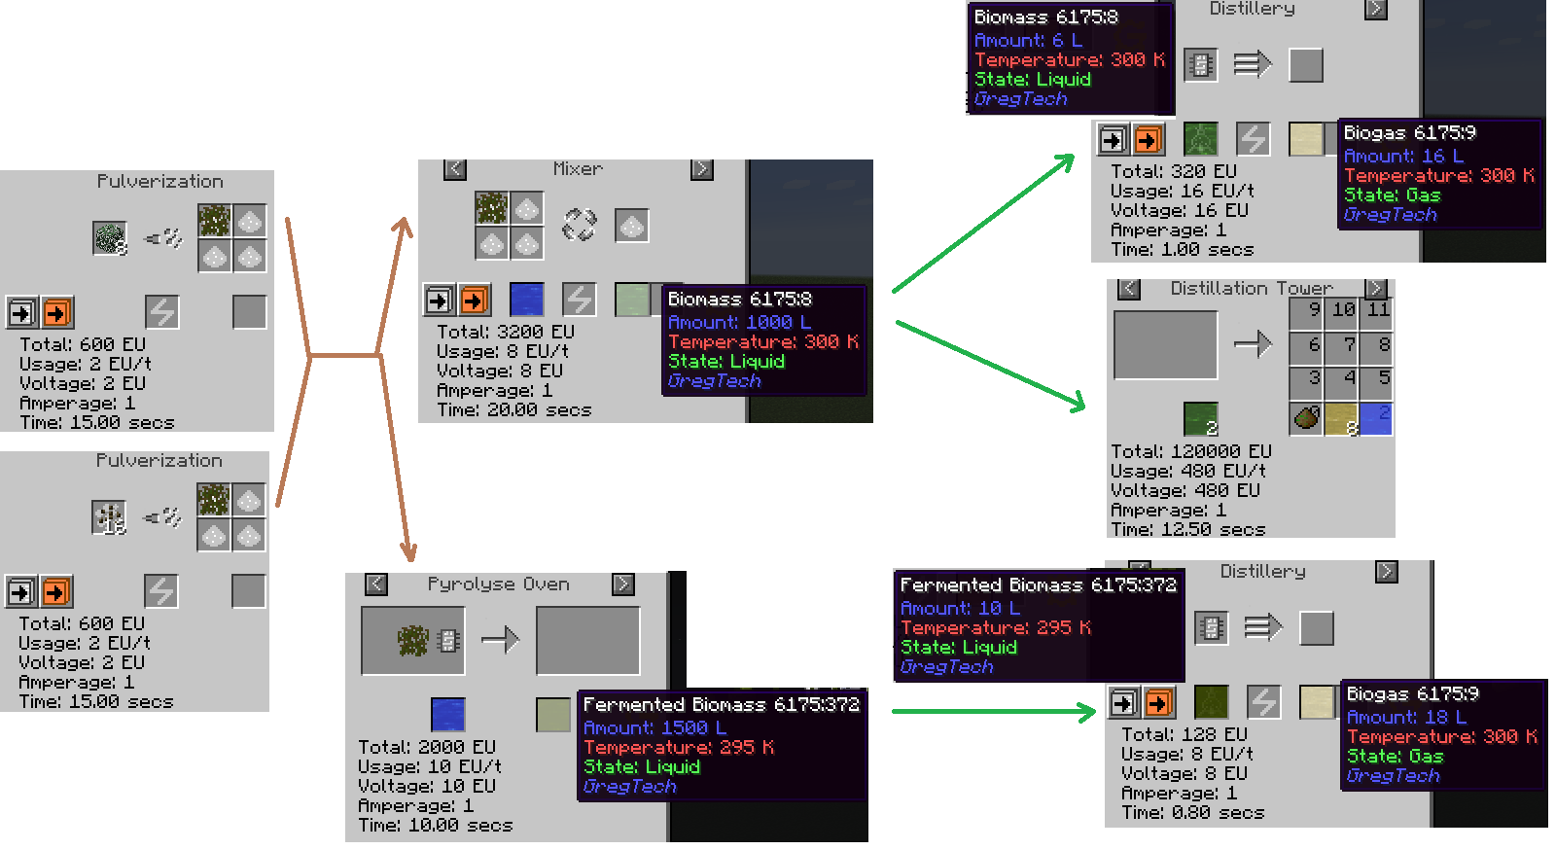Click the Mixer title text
[x=578, y=169]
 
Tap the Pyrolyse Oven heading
[x=498, y=584]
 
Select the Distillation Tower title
[x=1251, y=288]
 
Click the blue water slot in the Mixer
[x=526, y=300]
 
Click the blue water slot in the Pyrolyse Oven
[x=448, y=714]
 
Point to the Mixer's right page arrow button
[x=701, y=169]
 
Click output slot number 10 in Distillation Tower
[x=1341, y=309]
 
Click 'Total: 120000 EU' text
[x=1190, y=451]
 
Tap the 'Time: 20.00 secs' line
[x=514, y=410]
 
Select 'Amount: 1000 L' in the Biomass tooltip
[x=739, y=322]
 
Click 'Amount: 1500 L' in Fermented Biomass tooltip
[x=655, y=727]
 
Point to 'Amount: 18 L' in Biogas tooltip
[x=1406, y=717]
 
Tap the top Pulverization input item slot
[x=110, y=238]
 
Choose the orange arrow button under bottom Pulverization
[x=56, y=591]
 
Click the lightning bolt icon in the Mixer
[x=579, y=300]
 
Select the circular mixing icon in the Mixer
[x=579, y=225]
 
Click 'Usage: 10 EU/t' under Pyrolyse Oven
[x=429, y=766]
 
